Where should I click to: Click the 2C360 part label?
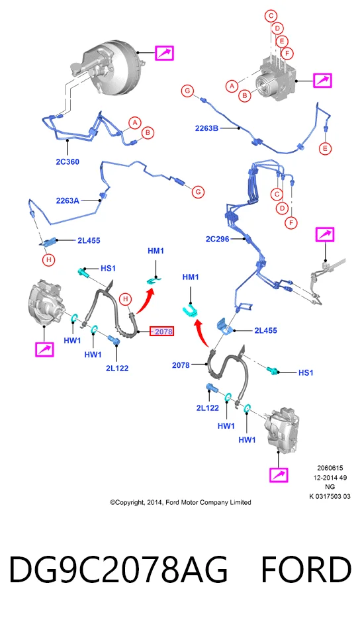(67, 161)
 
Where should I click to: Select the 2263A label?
(67, 200)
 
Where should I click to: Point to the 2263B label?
(207, 128)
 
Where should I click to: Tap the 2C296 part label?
(217, 239)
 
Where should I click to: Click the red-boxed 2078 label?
(161, 331)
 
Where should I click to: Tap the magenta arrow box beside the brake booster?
(164, 53)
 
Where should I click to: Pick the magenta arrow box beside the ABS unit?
(322, 81)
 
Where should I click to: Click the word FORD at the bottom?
(306, 570)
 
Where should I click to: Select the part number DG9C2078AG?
(118, 570)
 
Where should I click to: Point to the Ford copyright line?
(181, 502)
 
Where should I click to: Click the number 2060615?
(330, 468)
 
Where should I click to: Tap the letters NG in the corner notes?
(330, 487)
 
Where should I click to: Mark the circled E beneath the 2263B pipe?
(326, 149)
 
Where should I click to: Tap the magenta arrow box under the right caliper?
(279, 474)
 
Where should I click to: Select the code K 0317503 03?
(330, 496)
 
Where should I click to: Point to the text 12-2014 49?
(330, 478)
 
